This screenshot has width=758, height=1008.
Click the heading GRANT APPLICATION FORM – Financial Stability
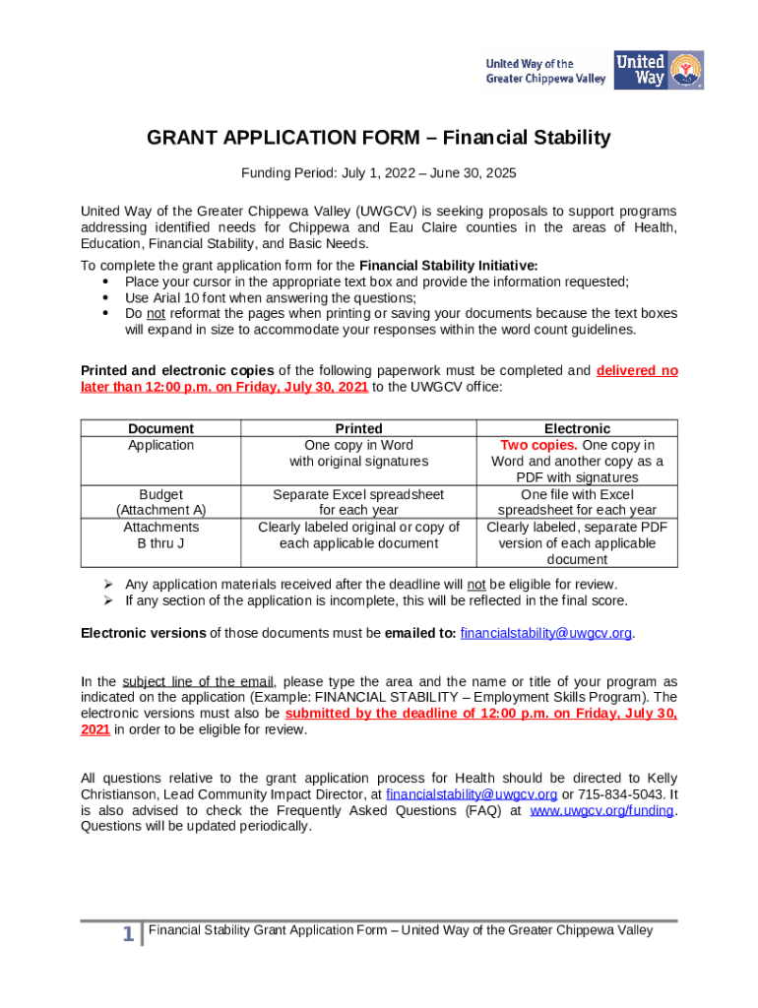point(379,138)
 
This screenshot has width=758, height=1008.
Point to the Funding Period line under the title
point(379,173)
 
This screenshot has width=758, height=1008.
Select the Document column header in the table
point(160,428)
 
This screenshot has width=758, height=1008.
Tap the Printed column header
point(358,428)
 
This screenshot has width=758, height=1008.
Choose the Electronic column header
point(577,428)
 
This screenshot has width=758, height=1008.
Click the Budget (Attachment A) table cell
point(160,502)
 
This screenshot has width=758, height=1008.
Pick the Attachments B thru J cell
point(160,535)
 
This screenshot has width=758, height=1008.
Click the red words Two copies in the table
point(537,445)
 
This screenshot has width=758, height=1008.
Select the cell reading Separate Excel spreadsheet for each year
point(358,502)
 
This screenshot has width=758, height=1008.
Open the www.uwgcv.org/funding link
point(601,810)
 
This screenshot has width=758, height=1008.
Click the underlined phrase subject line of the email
point(198,682)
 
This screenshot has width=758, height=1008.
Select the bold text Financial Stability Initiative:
point(449,266)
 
